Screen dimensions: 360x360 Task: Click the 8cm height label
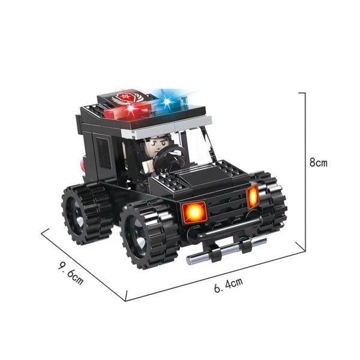click(x=318, y=162)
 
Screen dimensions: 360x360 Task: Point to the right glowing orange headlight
click(x=253, y=196)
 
